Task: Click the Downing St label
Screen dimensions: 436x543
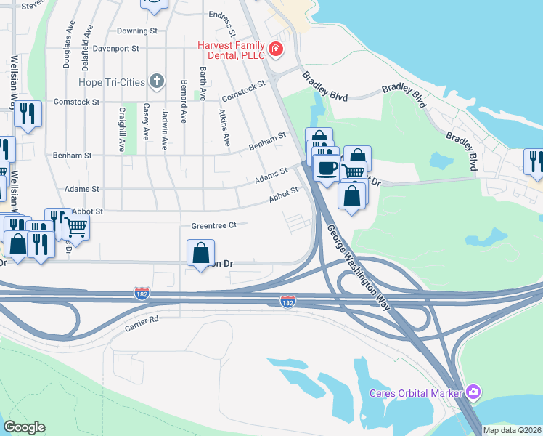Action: [x=136, y=31]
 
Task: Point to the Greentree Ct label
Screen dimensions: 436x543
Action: [x=214, y=225]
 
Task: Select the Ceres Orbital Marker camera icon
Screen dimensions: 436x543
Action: [x=473, y=393]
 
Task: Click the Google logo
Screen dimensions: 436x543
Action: [x=24, y=427]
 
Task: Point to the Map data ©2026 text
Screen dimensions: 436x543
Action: [x=512, y=430]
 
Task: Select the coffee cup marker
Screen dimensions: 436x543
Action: [x=326, y=169]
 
